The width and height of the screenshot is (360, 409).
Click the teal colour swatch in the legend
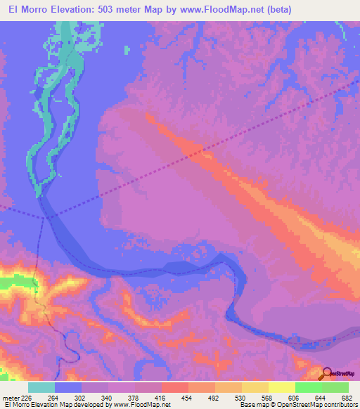point(41,387)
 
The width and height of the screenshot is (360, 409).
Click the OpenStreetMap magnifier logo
point(329,374)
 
